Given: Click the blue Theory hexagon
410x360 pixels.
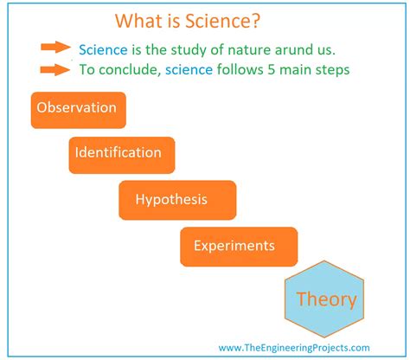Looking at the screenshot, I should [325, 300].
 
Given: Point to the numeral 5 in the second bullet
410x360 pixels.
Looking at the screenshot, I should [272, 70].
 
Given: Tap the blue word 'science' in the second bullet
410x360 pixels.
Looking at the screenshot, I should [186, 70].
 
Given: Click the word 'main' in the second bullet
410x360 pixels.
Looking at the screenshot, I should [298, 70].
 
